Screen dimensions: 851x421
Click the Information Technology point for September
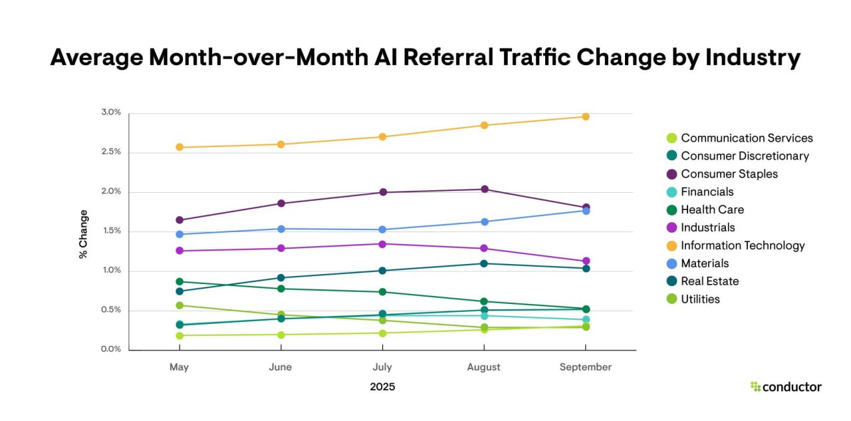(x=586, y=116)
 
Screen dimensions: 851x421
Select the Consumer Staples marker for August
(x=485, y=190)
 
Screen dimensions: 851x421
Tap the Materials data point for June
(x=281, y=229)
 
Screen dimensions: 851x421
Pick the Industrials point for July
(x=382, y=244)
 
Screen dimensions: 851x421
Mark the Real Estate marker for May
(x=180, y=291)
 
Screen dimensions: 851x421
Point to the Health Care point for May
(x=180, y=281)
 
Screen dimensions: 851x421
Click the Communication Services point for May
(x=180, y=335)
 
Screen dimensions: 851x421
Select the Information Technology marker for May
(x=180, y=147)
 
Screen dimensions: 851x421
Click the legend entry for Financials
(x=700, y=192)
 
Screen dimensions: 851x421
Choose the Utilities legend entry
(x=693, y=299)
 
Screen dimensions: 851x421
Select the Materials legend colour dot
(x=671, y=263)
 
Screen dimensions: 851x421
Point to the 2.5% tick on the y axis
(x=111, y=152)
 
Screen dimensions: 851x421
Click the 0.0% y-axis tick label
(x=111, y=349)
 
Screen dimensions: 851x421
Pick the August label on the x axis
(x=483, y=367)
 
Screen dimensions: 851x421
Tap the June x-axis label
(x=281, y=367)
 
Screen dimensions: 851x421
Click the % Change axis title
(x=83, y=234)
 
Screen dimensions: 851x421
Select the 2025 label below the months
(x=382, y=387)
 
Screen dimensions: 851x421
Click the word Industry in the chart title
(x=753, y=58)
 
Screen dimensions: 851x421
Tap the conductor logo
(x=786, y=387)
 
